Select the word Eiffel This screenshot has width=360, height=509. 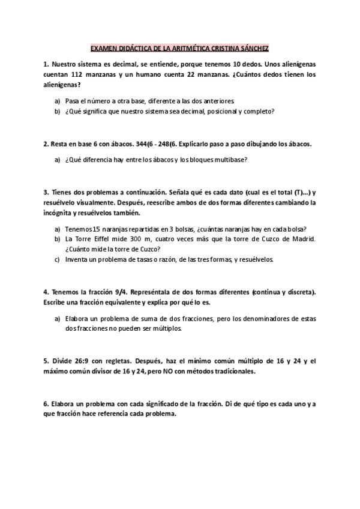104,239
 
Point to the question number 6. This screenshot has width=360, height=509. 46,404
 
